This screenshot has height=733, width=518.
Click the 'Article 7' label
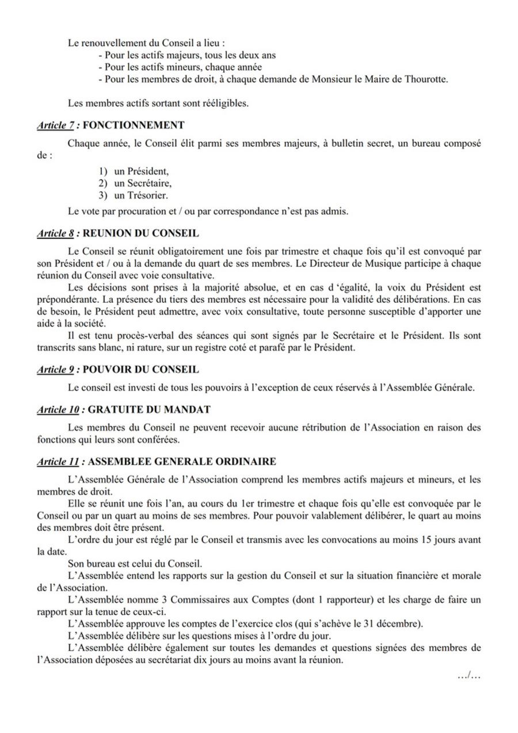click(x=55, y=124)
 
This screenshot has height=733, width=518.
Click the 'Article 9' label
click(x=55, y=369)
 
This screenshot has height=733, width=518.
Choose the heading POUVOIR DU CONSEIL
click(x=141, y=369)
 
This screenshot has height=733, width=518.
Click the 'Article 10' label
click(x=57, y=409)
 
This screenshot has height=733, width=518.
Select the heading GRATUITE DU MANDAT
click(x=147, y=409)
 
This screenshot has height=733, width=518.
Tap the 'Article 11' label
click(x=57, y=461)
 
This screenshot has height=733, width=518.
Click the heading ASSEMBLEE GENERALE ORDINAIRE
click(x=182, y=461)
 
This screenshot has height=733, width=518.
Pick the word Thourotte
click(x=427, y=79)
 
